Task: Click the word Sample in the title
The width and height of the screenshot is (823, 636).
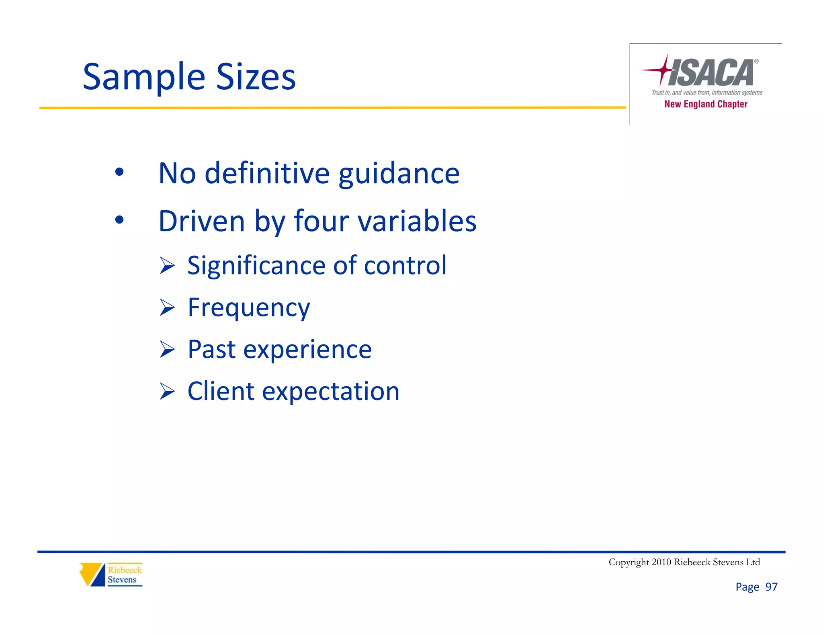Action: pyautogui.click(x=144, y=77)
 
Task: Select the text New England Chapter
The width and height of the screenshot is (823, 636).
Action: pyautogui.click(x=706, y=104)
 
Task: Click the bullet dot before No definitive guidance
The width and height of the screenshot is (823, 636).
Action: pyautogui.click(x=119, y=172)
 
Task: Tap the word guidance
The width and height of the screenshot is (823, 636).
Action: pyautogui.click(x=399, y=174)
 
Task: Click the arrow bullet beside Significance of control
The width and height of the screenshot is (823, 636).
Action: pyautogui.click(x=167, y=266)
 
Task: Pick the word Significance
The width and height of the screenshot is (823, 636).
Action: pyautogui.click(x=257, y=266)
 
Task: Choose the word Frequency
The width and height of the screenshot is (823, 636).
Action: pyautogui.click(x=249, y=308)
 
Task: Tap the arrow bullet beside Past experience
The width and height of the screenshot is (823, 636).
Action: pyautogui.click(x=167, y=349)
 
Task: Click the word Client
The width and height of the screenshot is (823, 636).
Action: pyautogui.click(x=221, y=391)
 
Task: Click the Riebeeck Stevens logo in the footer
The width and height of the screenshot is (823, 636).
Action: pyautogui.click(x=111, y=574)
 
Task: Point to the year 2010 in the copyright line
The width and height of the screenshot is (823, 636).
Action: pyautogui.click(x=661, y=562)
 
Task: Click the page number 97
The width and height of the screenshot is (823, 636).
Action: pyautogui.click(x=771, y=587)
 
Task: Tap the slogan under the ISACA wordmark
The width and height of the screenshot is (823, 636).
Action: pyautogui.click(x=706, y=92)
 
